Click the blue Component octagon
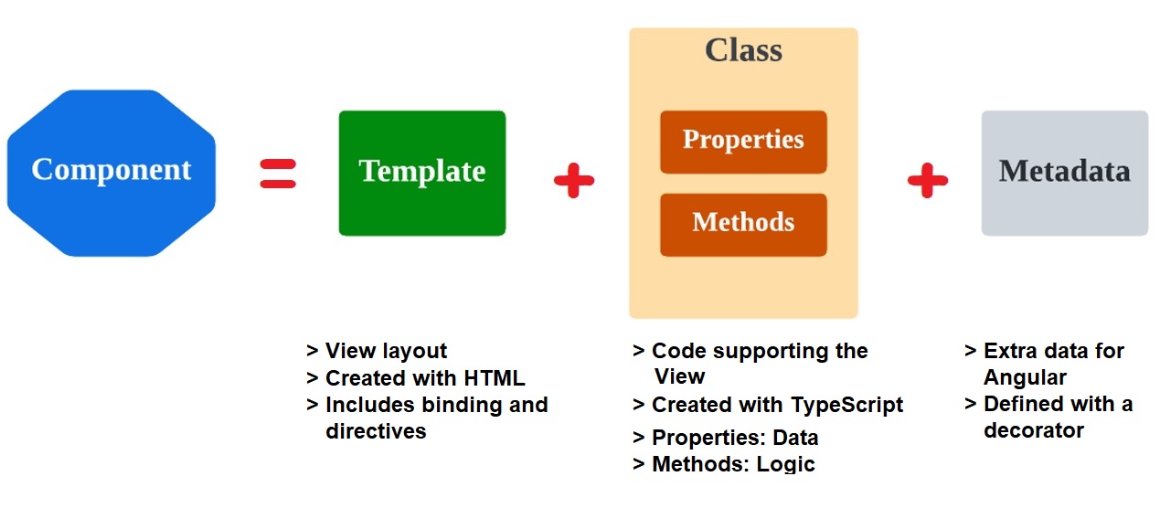112,173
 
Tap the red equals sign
278,174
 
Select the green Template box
422,173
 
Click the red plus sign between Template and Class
574,180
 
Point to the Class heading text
744,50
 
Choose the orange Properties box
744,142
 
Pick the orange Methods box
744,225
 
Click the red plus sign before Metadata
928,180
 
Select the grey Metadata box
1065,173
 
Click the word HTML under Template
495,378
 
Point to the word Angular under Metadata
1025,378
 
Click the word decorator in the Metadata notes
1034,430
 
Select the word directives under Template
376,431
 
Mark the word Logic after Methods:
785,464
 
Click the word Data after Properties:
795,438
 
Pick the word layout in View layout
414,352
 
